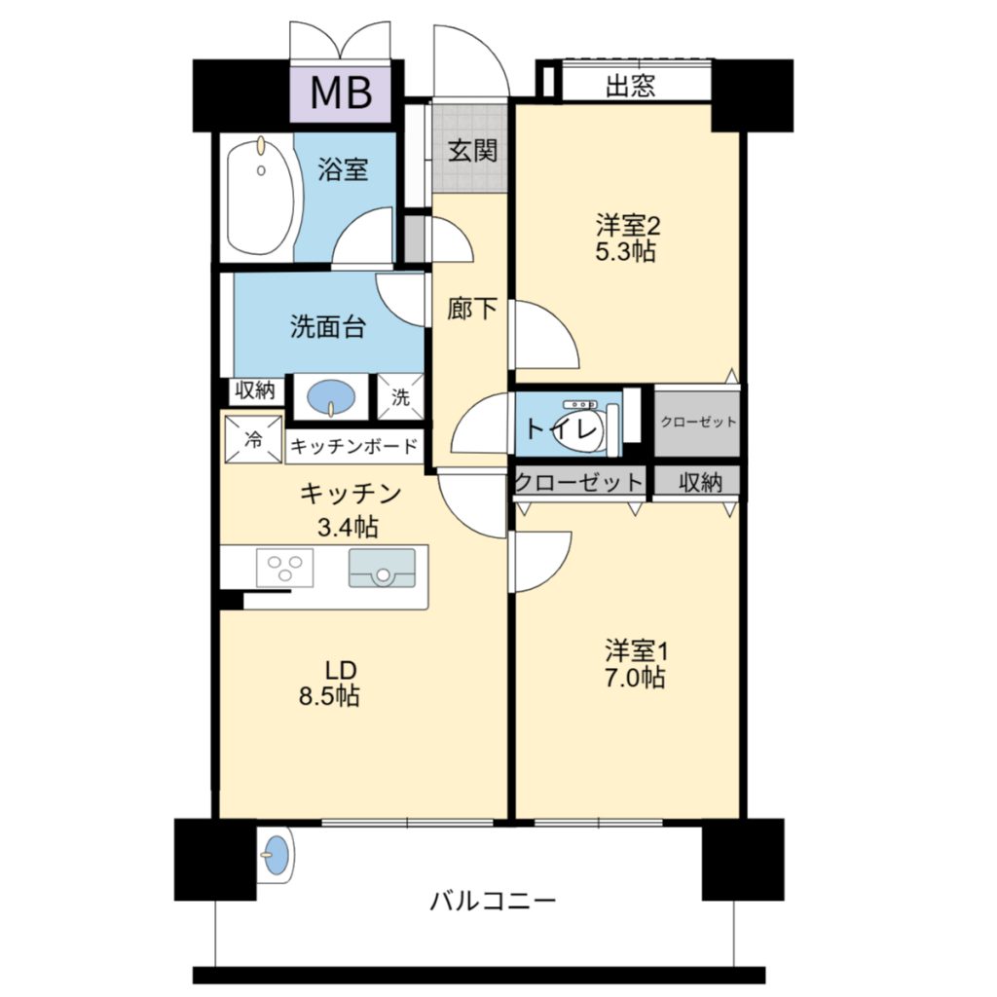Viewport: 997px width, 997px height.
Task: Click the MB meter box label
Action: tap(341, 92)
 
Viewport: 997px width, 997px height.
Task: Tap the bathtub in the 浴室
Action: tap(261, 197)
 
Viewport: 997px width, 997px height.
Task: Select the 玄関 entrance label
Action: tap(472, 151)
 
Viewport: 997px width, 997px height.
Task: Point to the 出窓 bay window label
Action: tap(630, 86)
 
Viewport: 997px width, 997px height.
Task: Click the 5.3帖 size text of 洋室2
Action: tap(625, 252)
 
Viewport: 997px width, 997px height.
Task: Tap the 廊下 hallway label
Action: tap(472, 309)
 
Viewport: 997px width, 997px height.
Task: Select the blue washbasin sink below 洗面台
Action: tap(331, 397)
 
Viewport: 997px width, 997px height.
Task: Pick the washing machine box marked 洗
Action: tap(400, 397)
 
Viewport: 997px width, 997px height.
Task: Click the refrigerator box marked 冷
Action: tap(253, 439)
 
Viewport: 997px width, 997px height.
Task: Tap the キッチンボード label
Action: tap(353, 446)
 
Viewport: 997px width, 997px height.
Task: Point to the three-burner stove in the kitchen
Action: tap(284, 568)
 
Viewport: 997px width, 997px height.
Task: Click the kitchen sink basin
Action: tap(382, 568)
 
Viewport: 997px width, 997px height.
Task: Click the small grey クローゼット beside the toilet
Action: tap(697, 423)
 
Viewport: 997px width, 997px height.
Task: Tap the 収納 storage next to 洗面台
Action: tap(254, 389)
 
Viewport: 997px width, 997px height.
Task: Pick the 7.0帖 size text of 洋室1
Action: tap(635, 678)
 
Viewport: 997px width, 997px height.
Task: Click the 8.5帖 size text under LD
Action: tap(329, 696)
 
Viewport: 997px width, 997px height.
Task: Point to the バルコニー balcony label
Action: tap(494, 901)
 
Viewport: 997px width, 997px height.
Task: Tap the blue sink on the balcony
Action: tap(277, 854)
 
